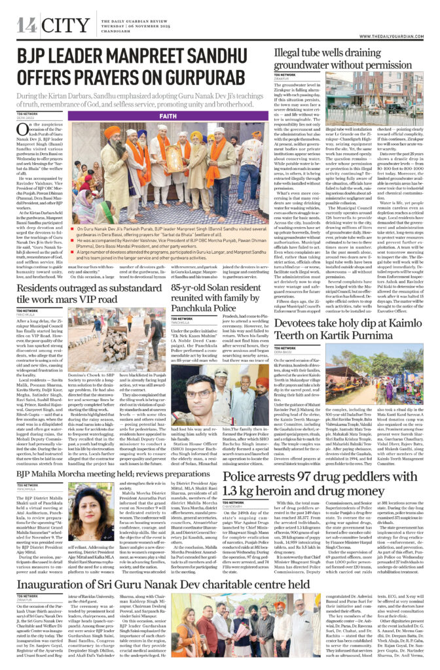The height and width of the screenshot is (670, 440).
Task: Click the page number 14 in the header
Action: pos(26,25)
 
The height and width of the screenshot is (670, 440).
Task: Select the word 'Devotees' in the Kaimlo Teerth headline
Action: pos(302,325)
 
